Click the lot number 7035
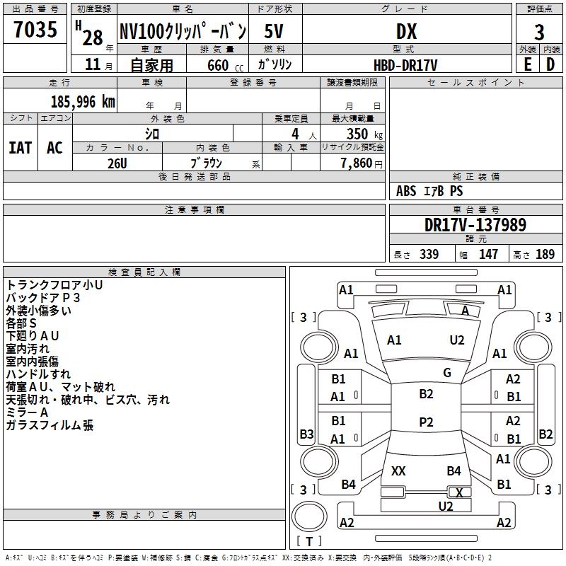click(35, 29)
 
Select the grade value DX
click(406, 31)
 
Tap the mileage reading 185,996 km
click(83, 102)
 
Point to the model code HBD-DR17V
click(405, 65)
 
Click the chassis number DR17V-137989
click(475, 224)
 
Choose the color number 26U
click(117, 163)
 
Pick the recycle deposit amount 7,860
click(357, 163)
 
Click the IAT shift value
click(21, 148)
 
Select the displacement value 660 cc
click(225, 65)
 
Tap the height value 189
click(545, 254)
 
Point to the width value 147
click(488, 254)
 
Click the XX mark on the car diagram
click(398, 470)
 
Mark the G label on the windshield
click(447, 373)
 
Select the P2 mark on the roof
click(426, 422)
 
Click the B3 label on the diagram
click(306, 434)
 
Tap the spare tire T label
click(309, 541)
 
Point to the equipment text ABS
click(406, 190)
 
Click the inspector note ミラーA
click(27, 412)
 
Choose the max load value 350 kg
click(364, 134)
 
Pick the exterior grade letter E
click(528, 64)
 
